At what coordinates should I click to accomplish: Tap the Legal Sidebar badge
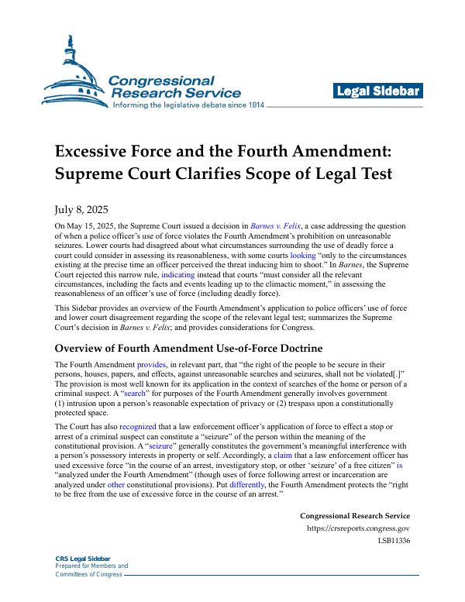378,91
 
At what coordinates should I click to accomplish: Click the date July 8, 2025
81,210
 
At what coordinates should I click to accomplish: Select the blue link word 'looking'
303,255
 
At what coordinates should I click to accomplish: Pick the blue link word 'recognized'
138,426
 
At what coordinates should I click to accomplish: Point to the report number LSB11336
394,542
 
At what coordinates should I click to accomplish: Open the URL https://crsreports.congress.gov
358,530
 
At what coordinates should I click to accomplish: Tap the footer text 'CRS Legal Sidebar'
83,559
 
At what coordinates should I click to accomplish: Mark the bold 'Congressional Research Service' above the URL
355,516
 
